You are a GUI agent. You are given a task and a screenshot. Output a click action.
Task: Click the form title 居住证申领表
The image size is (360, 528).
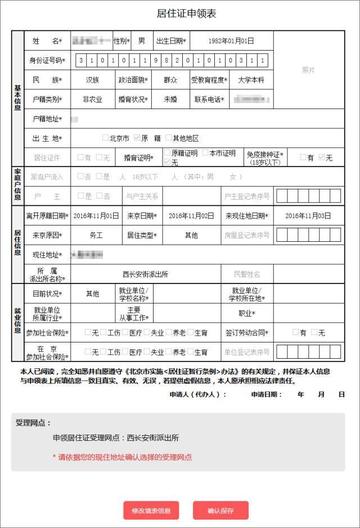point(180,12)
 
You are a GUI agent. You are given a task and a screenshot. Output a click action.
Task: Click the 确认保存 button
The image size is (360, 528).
point(221,509)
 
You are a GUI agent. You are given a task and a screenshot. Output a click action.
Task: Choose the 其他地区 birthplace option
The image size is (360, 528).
point(187,138)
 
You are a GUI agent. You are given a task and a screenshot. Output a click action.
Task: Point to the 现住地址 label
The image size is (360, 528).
point(47,253)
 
